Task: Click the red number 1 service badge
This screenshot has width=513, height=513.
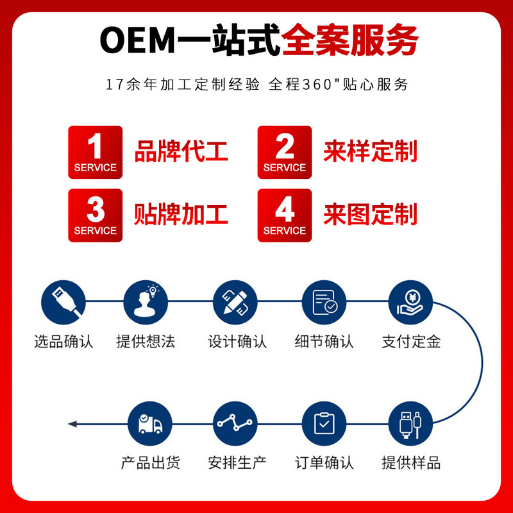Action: coord(95,152)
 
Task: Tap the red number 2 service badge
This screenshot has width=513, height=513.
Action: coord(285,152)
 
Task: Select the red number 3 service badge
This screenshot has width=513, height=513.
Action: coord(95,215)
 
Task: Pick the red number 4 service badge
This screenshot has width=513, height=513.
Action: coord(285,215)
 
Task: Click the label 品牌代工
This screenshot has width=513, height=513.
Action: coord(181,151)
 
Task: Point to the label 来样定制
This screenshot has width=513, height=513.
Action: coord(370,151)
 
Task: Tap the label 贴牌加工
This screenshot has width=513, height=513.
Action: coord(181,214)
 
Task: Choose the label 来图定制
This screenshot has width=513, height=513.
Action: coord(370,214)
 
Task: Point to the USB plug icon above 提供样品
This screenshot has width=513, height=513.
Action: coord(411,424)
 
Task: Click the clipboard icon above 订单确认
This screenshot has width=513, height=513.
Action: coord(324,424)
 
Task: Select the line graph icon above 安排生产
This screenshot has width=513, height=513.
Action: coord(235,424)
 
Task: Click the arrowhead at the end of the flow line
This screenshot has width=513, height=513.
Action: coord(72,424)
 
